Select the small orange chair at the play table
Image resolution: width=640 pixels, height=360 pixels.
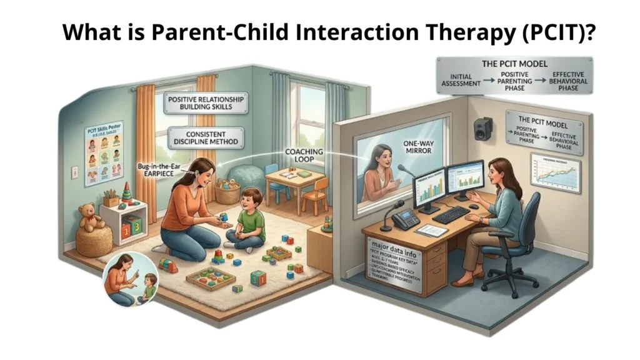click(316, 194)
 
